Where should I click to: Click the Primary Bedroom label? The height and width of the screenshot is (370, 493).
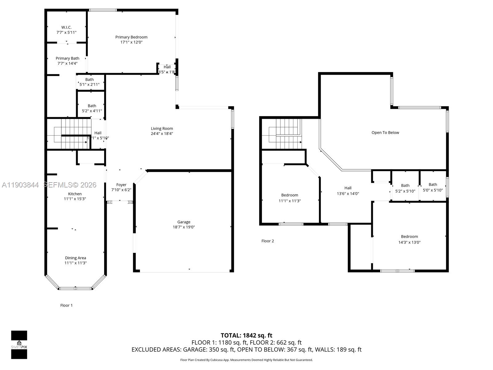click(x=131, y=37)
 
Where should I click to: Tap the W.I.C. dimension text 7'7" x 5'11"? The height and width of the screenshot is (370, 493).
click(x=66, y=32)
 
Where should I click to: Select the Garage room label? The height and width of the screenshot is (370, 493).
click(x=184, y=222)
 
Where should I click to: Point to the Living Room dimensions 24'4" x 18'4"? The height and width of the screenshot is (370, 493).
click(x=162, y=134)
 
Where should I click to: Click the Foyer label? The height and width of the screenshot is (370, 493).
click(x=121, y=185)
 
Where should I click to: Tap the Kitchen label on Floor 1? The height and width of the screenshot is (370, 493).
click(x=75, y=194)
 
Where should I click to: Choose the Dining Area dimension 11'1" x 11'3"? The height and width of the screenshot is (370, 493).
click(x=75, y=263)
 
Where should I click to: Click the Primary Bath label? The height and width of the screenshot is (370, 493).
click(x=67, y=58)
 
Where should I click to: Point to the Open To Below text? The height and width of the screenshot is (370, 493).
click(x=385, y=133)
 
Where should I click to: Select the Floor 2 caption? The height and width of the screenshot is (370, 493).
click(x=267, y=241)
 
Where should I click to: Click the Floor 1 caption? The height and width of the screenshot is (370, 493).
click(x=66, y=305)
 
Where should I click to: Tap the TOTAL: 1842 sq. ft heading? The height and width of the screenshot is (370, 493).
click(x=246, y=335)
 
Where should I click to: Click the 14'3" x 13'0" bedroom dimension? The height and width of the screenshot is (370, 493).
click(x=409, y=242)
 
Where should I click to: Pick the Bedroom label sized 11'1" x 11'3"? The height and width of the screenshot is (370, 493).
click(x=290, y=195)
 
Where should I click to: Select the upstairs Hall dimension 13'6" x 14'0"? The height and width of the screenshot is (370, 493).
click(x=348, y=194)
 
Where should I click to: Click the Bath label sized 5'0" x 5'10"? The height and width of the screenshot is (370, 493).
click(x=433, y=184)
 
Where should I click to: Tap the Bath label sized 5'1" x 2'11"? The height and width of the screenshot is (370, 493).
click(x=89, y=80)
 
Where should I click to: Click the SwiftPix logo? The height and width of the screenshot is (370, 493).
click(x=19, y=344)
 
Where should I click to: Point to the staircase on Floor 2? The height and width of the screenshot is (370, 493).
click(x=282, y=134)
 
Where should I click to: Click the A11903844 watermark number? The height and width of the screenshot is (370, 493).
click(x=20, y=185)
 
